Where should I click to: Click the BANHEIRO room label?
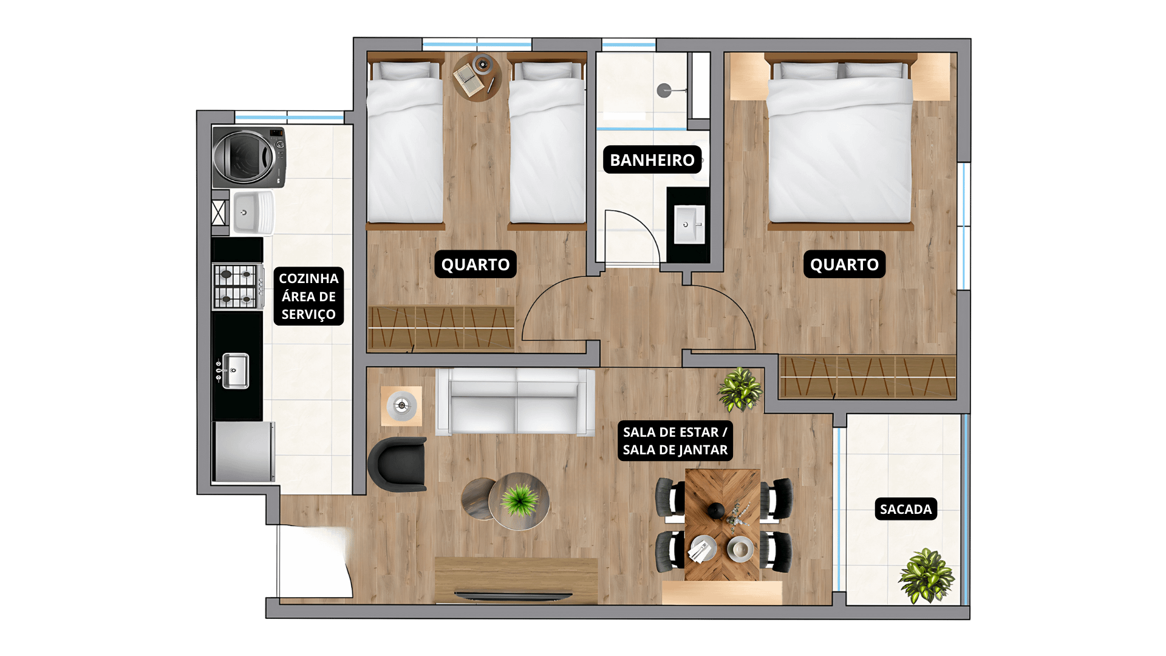click(x=652, y=160)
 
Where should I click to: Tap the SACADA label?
click(x=905, y=509)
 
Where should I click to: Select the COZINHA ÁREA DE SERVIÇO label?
click(x=309, y=296)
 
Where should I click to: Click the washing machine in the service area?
click(x=249, y=157)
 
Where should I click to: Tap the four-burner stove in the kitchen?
click(x=237, y=287)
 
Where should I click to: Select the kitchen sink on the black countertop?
click(x=235, y=371)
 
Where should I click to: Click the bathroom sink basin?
click(x=689, y=224)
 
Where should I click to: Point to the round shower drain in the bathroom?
click(x=664, y=91)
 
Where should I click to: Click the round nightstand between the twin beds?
click(x=477, y=77)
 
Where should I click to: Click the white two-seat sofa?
click(x=515, y=401)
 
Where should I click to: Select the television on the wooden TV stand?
click(x=514, y=595)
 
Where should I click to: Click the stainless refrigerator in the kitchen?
click(x=244, y=452)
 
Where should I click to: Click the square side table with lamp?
click(x=401, y=406)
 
